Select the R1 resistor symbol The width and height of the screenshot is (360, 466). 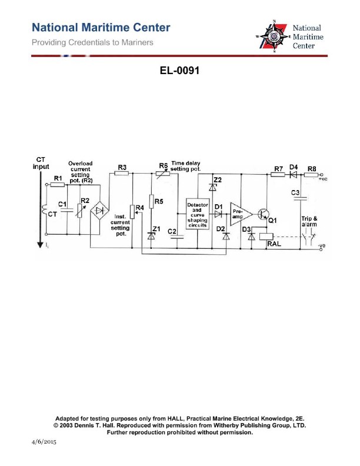pos(58,184)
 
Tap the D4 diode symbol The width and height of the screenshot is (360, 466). pos(293,174)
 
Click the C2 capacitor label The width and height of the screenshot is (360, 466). pos(172,232)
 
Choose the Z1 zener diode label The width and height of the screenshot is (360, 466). pos(156,228)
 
